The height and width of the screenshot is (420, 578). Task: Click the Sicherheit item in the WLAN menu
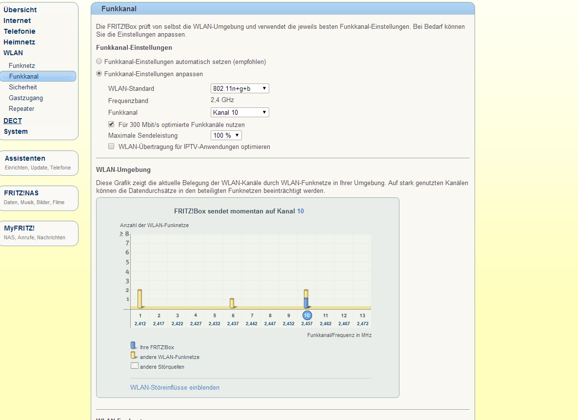click(23, 87)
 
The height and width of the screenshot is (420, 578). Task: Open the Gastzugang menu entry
click(26, 98)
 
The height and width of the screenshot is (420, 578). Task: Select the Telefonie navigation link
click(20, 31)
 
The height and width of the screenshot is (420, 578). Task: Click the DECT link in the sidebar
click(13, 121)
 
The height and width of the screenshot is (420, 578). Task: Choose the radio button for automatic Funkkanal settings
click(100, 62)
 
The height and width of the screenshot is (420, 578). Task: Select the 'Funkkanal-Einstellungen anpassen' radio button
click(100, 74)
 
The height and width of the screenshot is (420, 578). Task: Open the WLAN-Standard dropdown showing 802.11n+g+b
click(239, 88)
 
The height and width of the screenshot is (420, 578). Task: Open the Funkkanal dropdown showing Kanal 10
click(239, 112)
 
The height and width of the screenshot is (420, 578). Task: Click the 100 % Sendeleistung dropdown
click(226, 135)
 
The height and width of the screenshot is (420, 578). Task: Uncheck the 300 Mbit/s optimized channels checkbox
click(111, 125)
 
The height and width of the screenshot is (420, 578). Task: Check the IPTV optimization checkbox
click(111, 147)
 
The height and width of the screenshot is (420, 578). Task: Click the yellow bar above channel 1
click(140, 299)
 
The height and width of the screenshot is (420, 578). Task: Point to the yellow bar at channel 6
click(232, 303)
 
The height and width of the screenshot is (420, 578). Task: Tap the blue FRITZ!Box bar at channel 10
click(306, 303)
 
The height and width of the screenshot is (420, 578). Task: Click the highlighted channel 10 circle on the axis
click(307, 315)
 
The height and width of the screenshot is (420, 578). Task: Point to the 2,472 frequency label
click(362, 324)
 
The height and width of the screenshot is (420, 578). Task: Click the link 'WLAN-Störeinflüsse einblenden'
click(175, 387)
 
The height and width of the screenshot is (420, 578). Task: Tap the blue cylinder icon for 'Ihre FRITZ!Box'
click(133, 346)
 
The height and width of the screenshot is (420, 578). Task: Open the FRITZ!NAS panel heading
click(21, 193)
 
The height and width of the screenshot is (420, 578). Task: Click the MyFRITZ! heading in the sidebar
click(20, 228)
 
